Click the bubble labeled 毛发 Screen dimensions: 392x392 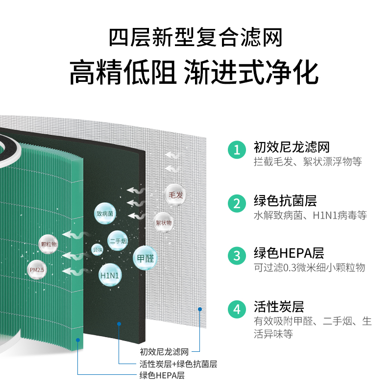(x=175, y=195)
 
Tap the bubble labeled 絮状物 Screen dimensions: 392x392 (x=164, y=222)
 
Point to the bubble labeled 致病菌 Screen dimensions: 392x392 (x=105, y=214)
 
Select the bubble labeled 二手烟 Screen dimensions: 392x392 (x=118, y=241)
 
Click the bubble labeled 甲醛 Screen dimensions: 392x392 (x=145, y=258)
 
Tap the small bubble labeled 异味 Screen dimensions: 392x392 (x=98, y=250)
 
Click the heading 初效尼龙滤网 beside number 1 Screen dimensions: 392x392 (x=292, y=147)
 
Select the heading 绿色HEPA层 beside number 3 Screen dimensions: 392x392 (x=289, y=253)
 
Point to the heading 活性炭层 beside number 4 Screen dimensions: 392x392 (x=279, y=307)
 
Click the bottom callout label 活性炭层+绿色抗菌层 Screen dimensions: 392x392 (x=178, y=364)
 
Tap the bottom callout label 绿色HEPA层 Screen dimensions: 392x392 (x=162, y=376)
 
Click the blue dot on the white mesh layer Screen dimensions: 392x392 (x=200, y=309)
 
